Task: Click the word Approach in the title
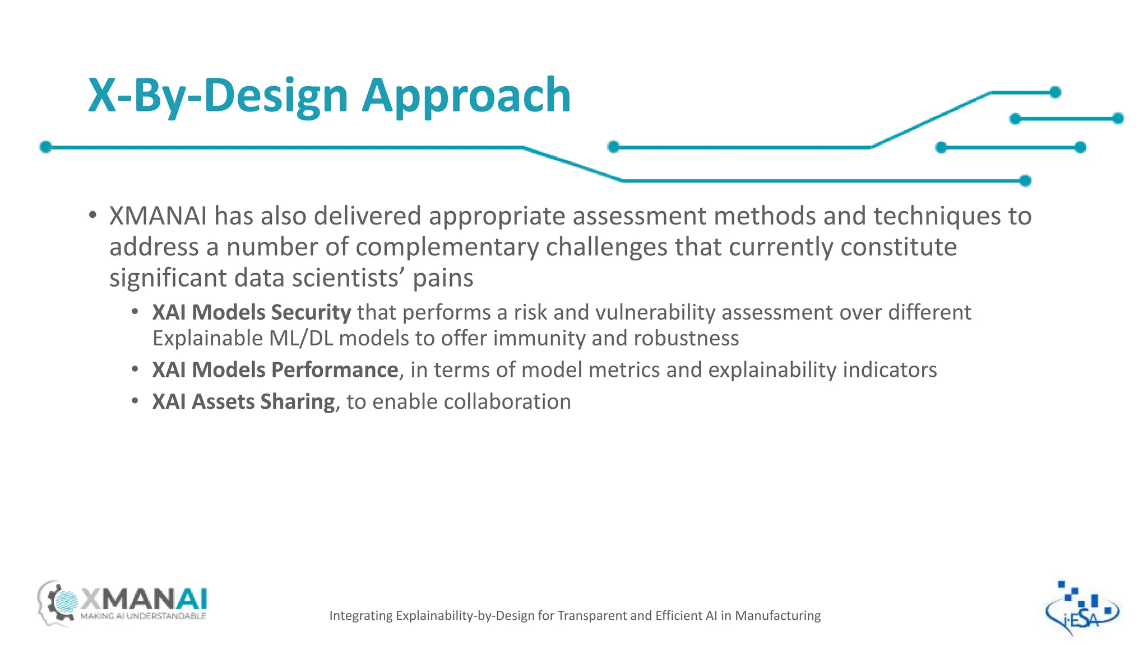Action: (x=466, y=96)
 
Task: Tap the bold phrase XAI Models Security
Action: (x=251, y=312)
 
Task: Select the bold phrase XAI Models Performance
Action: (x=275, y=370)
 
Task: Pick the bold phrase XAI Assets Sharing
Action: (x=243, y=402)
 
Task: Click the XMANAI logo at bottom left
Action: (x=122, y=604)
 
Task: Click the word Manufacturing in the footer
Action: (x=777, y=616)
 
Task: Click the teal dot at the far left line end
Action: (x=46, y=147)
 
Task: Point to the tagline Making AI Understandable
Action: (x=143, y=616)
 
